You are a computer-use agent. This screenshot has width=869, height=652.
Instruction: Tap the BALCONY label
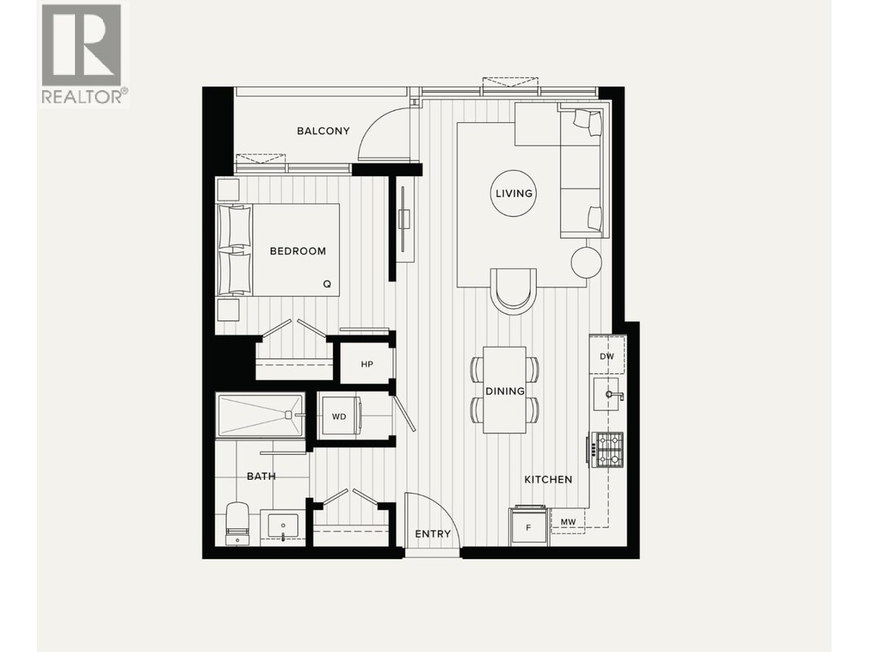click(323, 131)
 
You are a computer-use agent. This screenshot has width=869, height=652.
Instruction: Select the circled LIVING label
click(514, 193)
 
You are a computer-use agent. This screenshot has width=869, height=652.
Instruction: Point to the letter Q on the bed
click(327, 284)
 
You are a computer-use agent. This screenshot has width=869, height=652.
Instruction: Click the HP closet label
click(367, 363)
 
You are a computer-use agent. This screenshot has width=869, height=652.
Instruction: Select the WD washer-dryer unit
click(339, 417)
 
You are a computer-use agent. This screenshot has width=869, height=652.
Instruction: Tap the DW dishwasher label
click(607, 356)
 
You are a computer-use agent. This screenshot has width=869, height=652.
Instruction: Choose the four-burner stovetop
click(607, 450)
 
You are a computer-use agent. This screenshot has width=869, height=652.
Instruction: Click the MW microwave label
click(568, 522)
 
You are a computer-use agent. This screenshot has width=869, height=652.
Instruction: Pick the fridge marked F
click(529, 527)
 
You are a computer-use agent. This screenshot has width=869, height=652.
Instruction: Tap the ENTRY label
click(433, 534)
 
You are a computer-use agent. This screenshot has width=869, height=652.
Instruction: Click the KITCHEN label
click(548, 479)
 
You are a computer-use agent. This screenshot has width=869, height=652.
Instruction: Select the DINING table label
click(505, 391)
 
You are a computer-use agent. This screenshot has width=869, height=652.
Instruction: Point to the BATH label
click(261, 476)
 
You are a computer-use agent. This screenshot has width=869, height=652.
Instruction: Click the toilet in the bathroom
click(237, 523)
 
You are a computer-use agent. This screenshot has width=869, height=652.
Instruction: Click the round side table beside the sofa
click(586, 263)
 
